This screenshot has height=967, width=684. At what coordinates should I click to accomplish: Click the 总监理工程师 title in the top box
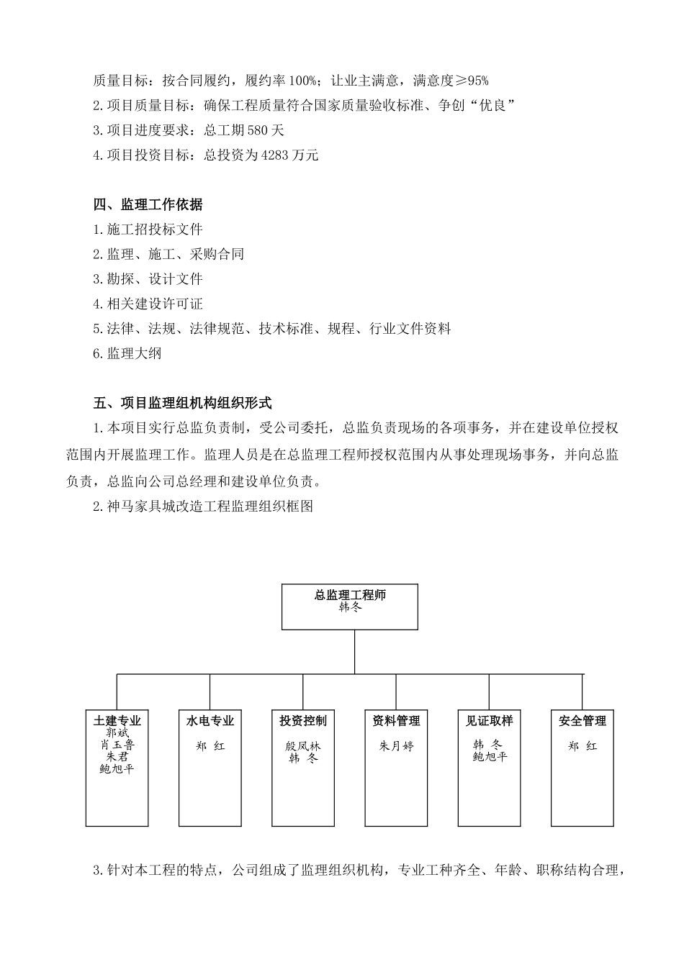pos(350,596)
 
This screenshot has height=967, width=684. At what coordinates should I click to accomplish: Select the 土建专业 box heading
pos(117,721)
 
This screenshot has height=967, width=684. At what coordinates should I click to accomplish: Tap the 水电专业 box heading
pos(210,721)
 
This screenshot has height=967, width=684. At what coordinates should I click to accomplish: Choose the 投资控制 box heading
pos(303,721)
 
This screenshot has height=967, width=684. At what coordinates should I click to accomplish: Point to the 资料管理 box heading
pos(396,721)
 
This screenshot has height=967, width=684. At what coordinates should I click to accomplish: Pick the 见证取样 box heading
pos(489,721)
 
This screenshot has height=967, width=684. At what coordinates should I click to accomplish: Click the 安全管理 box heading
pos(582,721)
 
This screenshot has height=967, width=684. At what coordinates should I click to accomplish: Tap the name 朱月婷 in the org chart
pos(396,746)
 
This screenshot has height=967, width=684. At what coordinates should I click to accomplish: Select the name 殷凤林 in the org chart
pos(303,746)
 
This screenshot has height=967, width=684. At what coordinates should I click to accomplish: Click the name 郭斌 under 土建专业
pos(117,733)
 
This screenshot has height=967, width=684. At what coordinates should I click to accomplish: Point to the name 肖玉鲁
pos(117,745)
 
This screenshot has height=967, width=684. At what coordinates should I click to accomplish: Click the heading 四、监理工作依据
pos(148,205)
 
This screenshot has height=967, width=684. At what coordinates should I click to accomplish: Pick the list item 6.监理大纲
pos(127,353)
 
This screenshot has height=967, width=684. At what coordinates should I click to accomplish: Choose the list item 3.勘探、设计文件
pos(148,279)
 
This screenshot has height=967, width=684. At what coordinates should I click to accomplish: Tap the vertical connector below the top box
pos(354,652)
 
